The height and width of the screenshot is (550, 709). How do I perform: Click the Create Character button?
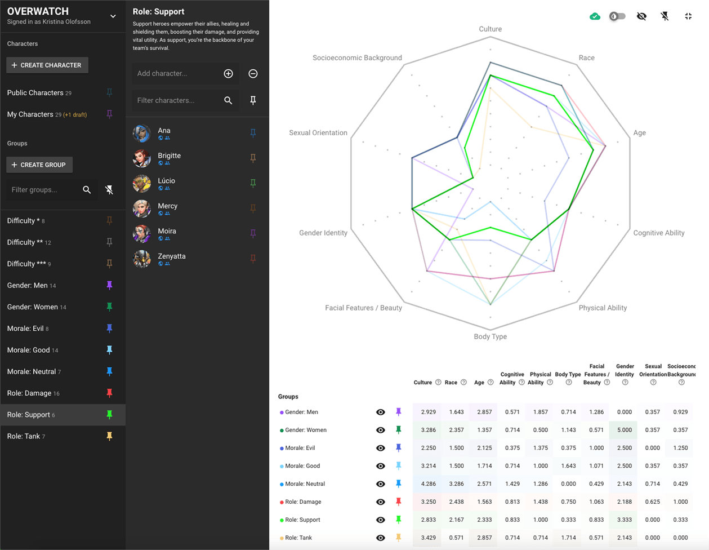47,65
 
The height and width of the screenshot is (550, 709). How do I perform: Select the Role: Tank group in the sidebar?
24,436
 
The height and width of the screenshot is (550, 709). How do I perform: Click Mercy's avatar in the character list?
141,209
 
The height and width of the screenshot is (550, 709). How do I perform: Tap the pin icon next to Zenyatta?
253,259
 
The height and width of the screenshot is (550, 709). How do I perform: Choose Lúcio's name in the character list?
166,181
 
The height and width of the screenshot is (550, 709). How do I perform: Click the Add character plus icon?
228,74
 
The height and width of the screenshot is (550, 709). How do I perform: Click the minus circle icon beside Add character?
253,74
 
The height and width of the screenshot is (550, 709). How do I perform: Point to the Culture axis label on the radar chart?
490,29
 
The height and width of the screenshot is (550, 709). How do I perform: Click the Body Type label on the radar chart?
490,337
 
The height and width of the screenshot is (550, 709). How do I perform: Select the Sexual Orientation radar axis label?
318,133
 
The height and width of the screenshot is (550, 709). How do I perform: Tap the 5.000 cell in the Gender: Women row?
624,430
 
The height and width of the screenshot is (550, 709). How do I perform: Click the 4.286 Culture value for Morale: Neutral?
428,484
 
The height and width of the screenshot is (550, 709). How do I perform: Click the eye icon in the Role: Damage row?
381,502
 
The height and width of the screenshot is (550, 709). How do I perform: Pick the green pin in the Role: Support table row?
399,520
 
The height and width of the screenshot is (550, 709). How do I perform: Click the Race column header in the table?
451,383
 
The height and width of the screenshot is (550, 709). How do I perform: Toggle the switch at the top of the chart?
618,16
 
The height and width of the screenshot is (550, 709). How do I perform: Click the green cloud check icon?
595,16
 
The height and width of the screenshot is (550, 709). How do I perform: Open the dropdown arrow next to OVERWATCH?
113,16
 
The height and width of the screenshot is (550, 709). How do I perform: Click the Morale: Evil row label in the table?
300,448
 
